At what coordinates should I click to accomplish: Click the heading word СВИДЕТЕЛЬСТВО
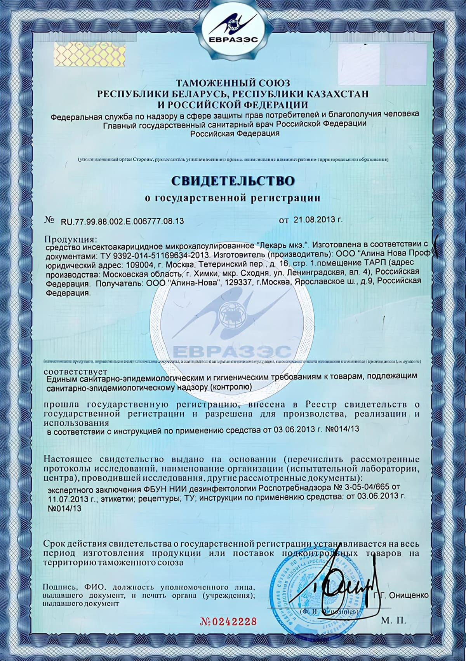(x=233, y=181)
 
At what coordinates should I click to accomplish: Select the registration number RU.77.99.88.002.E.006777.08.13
(x=122, y=222)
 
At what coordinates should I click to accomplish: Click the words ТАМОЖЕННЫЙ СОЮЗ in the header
(x=233, y=83)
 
